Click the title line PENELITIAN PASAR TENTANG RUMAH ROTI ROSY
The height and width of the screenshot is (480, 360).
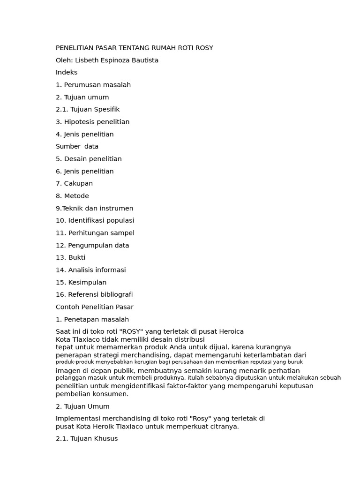pos(135,48)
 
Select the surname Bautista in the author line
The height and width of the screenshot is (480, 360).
pos(144,60)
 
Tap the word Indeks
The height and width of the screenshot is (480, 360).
pos(67,72)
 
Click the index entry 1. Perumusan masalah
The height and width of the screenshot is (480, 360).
pos(93,85)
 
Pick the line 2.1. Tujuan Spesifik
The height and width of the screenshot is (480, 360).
pos(88,109)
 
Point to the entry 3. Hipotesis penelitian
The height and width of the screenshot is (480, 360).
pos(92,122)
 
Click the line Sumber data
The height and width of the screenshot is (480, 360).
pos(77,146)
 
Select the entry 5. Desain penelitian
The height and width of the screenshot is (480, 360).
pos(89,159)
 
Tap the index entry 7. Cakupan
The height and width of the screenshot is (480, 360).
pos(74,183)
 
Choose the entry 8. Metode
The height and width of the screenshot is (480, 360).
pos(72,196)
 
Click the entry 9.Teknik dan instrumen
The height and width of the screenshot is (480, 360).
pos(94,208)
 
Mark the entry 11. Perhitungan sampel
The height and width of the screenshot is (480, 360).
pos(95,233)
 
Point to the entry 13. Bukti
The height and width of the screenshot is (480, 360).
pos(70,257)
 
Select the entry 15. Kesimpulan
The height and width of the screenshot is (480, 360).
pos(81,282)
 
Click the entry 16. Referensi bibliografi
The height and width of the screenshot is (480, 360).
pos(94,294)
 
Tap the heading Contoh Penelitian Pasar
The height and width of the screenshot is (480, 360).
pos(95,307)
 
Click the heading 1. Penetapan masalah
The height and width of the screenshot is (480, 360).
pos(92,319)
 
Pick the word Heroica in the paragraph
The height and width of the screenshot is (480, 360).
pos(229,331)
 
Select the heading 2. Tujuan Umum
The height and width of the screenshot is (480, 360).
pos(82,406)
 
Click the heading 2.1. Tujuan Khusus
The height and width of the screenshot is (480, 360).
pos(87,439)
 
